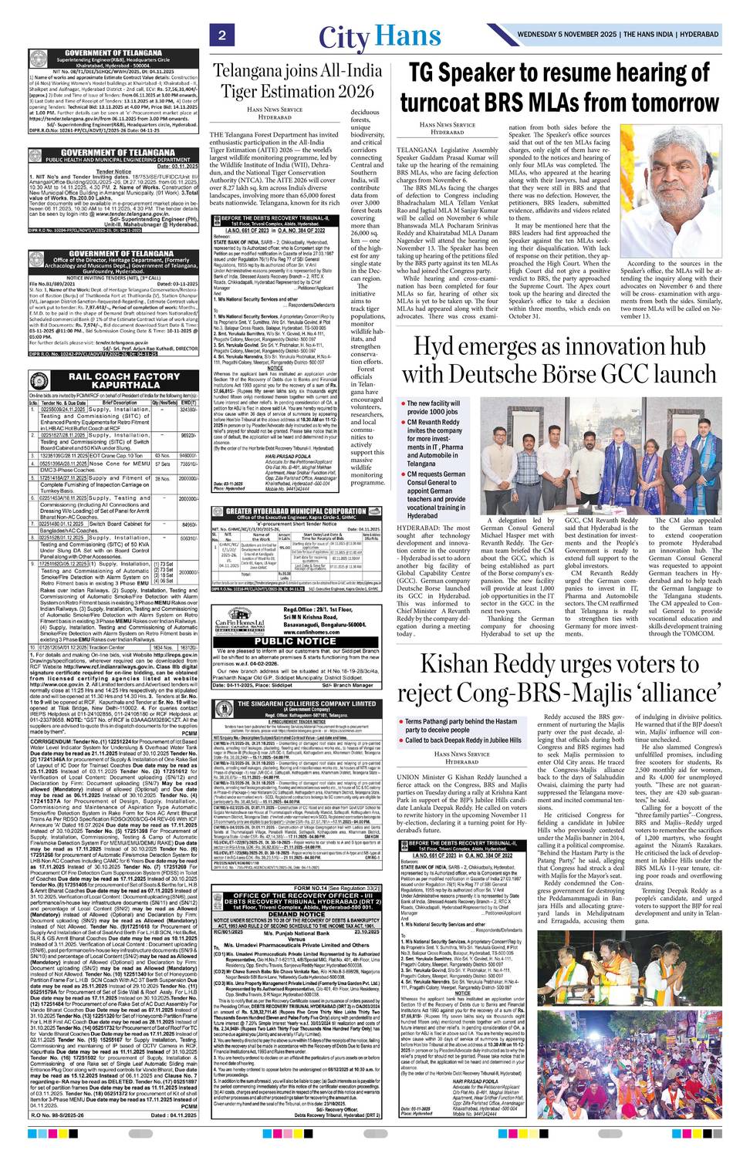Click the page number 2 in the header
coord(221,35)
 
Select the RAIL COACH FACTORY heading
coord(113,380)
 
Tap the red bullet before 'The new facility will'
coord(402,403)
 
